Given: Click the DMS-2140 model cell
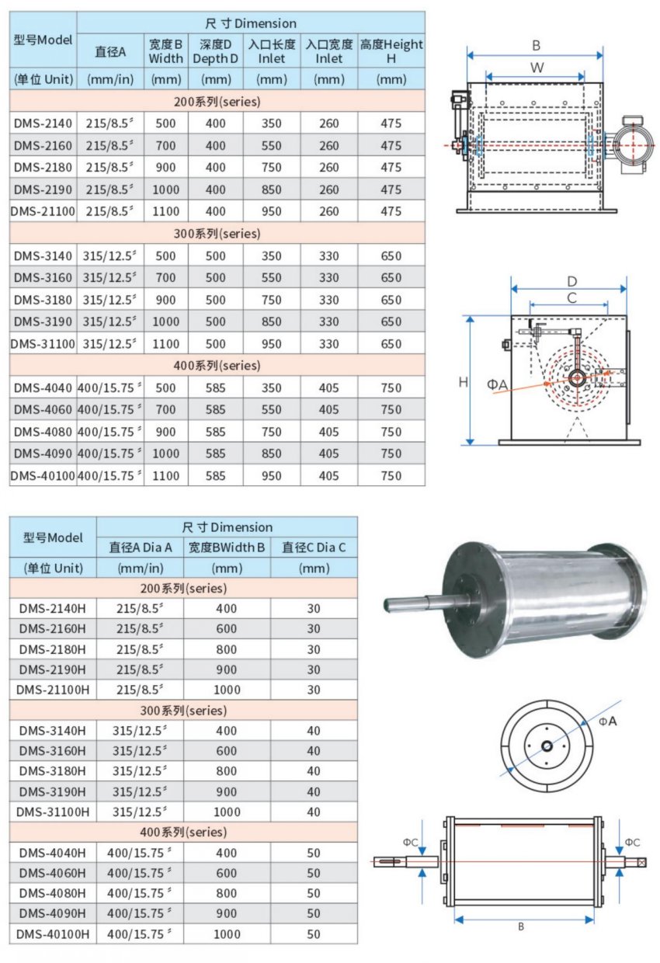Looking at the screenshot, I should tap(43, 123).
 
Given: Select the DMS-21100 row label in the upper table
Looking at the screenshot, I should tap(43, 211).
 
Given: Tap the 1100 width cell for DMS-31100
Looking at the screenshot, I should tap(165, 343).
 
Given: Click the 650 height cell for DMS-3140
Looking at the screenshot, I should tap(391, 256).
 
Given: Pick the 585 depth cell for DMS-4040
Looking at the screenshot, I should tap(215, 388).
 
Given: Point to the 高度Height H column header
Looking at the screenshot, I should tap(391, 51).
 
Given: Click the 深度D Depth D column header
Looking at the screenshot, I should tap(215, 51).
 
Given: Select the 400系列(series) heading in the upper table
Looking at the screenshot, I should tap(217, 365).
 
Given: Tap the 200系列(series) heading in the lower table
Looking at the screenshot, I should tap(183, 588).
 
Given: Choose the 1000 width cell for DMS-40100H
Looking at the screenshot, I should tap(227, 934).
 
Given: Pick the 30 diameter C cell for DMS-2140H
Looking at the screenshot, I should tap(314, 608).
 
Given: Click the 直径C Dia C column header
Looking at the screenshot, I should tap(314, 548).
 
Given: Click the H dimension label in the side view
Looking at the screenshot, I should tap(463, 381).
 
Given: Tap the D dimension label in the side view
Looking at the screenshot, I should tap(571, 280).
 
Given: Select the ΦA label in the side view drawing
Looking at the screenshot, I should tap(498, 384).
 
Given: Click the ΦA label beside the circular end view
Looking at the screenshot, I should tap(607, 721).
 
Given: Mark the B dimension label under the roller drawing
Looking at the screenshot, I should tap(521, 926).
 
